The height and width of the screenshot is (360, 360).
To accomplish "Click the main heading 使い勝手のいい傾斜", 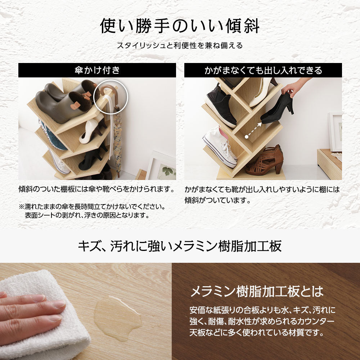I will (180, 26).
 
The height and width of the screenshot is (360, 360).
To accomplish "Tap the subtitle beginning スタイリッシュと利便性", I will (180, 46).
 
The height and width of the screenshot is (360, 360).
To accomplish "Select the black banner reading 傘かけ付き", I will (97, 70).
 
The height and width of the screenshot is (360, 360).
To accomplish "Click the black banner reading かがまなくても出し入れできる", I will (263, 70).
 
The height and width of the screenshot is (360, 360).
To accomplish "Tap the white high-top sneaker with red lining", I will (220, 148).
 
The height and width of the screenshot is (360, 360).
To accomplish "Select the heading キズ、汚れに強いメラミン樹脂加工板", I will (180, 247).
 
